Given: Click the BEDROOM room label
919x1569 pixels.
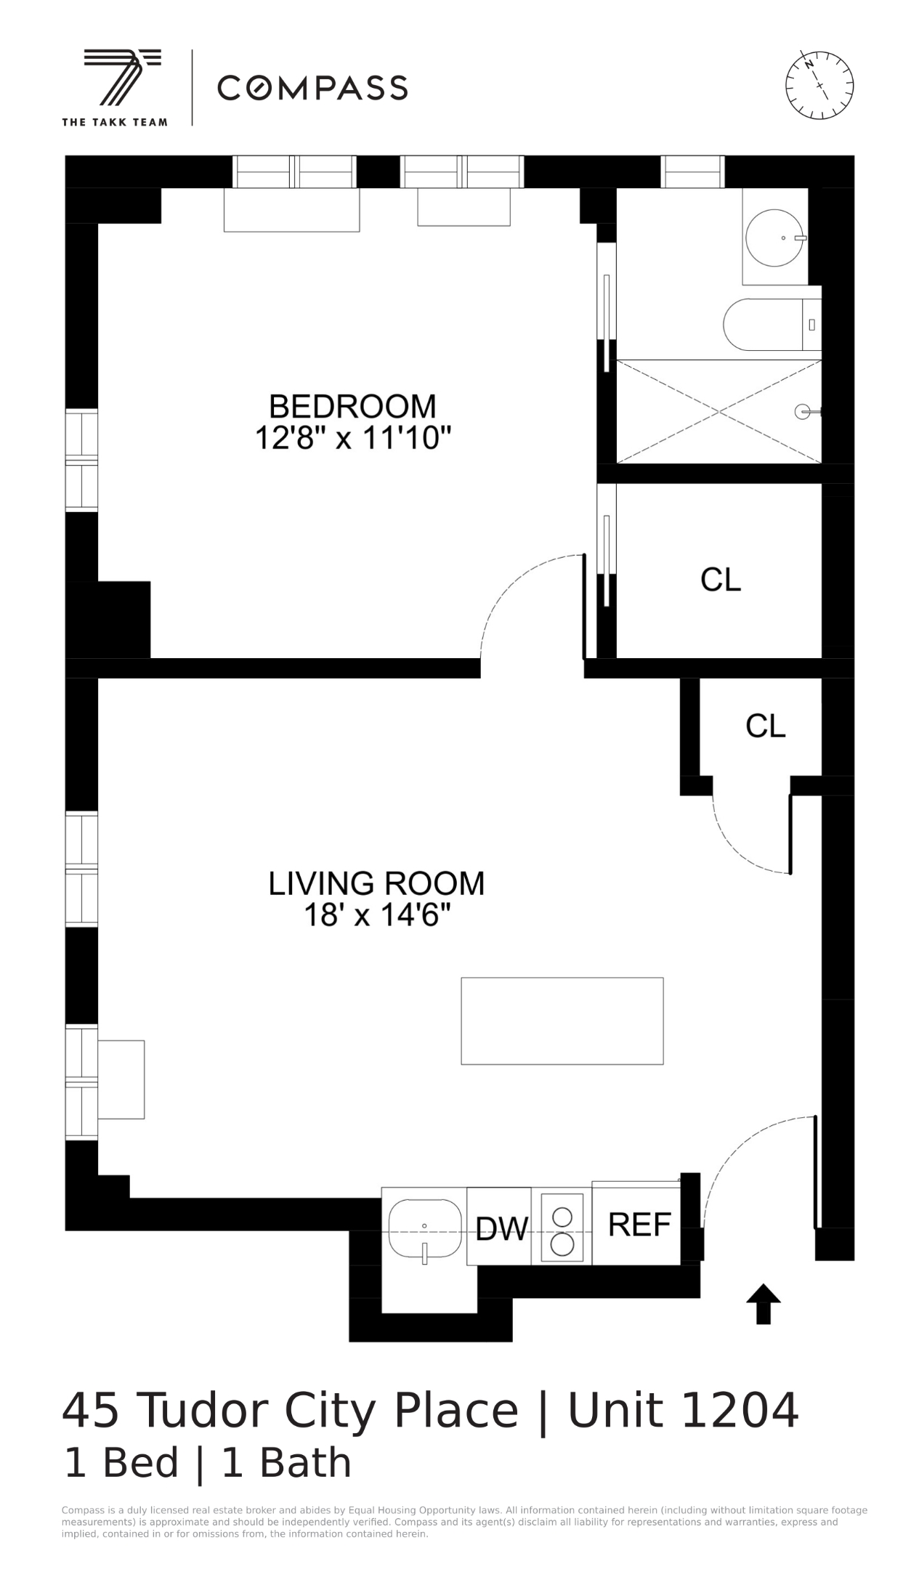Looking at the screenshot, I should click(352, 405).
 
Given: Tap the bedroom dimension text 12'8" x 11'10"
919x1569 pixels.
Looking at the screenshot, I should click(353, 438).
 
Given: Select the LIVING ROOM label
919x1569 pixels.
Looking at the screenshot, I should click(376, 883).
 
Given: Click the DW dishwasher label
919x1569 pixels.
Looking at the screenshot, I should click(501, 1228).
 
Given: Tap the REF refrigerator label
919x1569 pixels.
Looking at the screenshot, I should click(639, 1225).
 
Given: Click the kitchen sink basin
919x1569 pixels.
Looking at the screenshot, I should click(425, 1228).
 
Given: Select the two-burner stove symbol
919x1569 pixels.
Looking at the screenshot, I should click(562, 1227).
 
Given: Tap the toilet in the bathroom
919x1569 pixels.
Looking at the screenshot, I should click(763, 324).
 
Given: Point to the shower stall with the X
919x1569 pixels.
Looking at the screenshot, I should click(718, 412).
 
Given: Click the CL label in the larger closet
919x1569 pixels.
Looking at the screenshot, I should click(721, 580).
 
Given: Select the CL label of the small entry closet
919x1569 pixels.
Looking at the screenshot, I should click(766, 726).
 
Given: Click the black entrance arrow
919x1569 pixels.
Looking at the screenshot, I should click(763, 1304).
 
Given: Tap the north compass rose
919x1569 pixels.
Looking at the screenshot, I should click(819, 85).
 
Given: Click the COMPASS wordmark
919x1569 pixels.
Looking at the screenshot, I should click(312, 88).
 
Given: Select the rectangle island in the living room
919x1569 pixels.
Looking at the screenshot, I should click(562, 1021).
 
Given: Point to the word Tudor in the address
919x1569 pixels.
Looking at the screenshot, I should click(203, 1411).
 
